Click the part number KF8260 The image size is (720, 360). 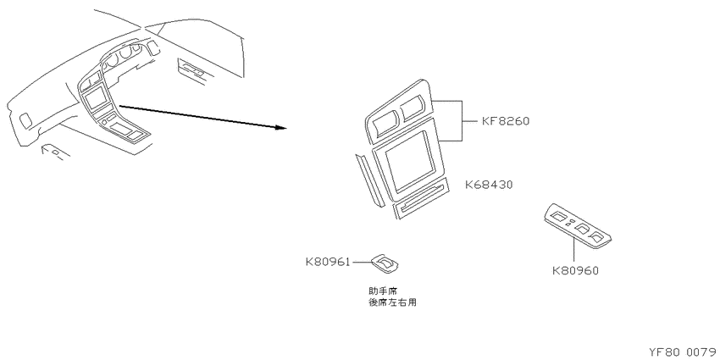tap(506, 122)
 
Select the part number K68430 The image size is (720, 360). tap(489, 185)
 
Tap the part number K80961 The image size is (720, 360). tap(328, 263)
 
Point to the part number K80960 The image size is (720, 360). tap(575, 271)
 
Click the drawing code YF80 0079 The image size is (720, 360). tap(684, 352)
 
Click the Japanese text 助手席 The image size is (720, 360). tap(383, 291)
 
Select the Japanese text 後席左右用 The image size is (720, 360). tap(392, 302)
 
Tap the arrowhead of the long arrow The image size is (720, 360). tap(281, 127)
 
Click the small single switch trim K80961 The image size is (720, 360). tap(385, 263)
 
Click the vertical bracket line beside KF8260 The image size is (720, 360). tap(461, 120)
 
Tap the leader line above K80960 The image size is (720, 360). tap(574, 252)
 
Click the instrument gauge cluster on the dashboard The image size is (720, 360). tap(124, 58)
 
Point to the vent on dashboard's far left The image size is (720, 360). tap(25, 120)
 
